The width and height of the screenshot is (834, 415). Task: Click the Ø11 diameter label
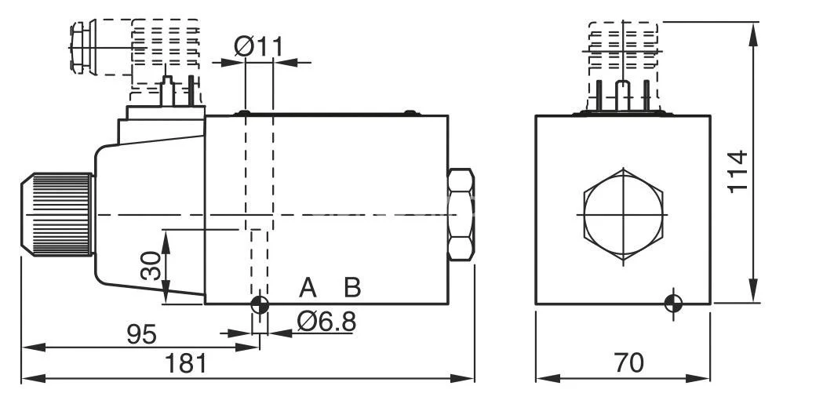(x=258, y=47)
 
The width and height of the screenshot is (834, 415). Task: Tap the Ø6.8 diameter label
(x=326, y=322)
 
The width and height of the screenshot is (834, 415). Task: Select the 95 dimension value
(x=142, y=335)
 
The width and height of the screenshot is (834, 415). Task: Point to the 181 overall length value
(x=186, y=364)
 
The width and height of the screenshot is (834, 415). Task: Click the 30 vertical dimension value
(x=151, y=265)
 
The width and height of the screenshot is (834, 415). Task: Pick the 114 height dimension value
(x=737, y=171)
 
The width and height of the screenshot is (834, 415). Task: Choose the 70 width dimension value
(x=628, y=363)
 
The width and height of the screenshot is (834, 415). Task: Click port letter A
(x=308, y=287)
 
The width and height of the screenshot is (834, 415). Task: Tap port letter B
(x=352, y=287)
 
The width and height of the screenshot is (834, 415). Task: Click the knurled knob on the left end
(x=57, y=214)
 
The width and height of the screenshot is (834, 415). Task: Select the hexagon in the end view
(x=624, y=214)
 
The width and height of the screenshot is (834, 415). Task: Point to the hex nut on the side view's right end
(x=461, y=214)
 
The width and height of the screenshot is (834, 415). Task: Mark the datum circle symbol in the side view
(x=260, y=305)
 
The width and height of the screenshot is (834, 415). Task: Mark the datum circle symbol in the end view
(x=673, y=304)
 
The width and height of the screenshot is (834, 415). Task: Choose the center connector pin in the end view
(x=623, y=95)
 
